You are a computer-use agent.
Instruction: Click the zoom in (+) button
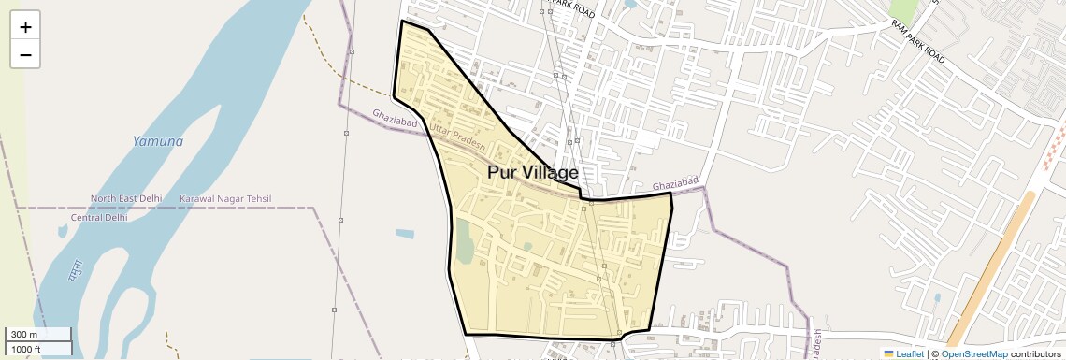click(25, 27)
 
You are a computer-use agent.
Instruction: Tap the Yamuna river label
click(157, 141)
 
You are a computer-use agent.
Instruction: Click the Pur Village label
click(532, 173)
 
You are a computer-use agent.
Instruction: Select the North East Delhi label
click(125, 199)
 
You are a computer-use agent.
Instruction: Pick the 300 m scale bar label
click(24, 335)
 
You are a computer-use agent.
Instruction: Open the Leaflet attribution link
click(903, 353)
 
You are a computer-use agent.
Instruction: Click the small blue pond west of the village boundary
click(405, 233)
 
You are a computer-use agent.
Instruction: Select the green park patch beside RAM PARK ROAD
click(903, 10)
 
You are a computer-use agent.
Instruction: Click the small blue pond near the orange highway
click(936, 299)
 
